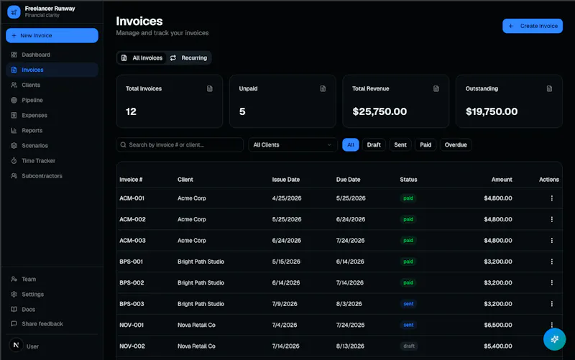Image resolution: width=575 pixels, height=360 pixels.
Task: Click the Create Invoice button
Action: point(532,26)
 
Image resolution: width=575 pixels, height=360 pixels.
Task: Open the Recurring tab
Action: point(188,58)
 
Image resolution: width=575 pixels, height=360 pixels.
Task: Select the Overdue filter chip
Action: point(456,145)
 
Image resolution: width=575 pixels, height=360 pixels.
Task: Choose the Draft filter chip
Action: point(374,145)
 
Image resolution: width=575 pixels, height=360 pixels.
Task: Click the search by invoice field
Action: point(180,145)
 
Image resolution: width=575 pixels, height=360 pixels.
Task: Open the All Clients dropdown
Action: point(293,145)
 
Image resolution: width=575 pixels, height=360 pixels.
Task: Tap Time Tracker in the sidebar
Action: point(39,160)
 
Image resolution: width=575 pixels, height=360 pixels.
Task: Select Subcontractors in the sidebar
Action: point(42,176)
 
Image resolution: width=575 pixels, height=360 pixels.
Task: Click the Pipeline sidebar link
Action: point(32,100)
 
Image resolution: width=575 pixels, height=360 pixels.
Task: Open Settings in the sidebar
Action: point(32,294)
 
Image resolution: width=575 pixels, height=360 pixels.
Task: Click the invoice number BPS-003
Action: point(132,304)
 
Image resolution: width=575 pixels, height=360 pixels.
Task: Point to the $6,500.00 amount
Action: point(497,325)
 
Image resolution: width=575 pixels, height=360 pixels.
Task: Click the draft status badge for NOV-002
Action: point(409,346)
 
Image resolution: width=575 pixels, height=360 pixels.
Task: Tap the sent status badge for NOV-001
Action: point(408,325)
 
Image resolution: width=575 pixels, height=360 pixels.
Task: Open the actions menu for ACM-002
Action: point(551,219)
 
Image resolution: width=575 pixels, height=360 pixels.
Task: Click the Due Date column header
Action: point(348,180)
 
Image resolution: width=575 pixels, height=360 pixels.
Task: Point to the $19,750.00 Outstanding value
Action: point(492,111)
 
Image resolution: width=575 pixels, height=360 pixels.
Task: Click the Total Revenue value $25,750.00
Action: point(379,111)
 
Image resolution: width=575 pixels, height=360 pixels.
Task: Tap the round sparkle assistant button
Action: point(554,339)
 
